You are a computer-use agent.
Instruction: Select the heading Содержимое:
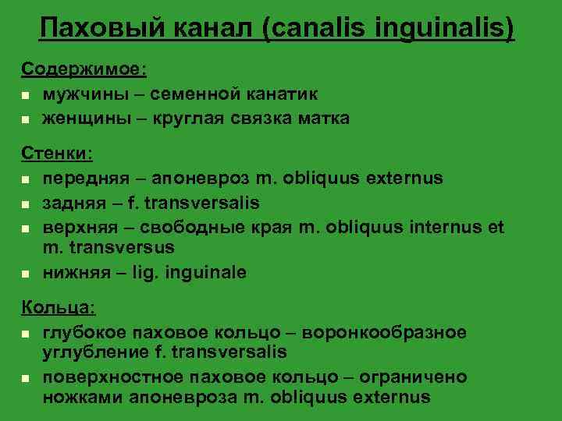pos(84,69)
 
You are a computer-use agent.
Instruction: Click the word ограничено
pos(421,378)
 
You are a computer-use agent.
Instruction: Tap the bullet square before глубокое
pos(26,334)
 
